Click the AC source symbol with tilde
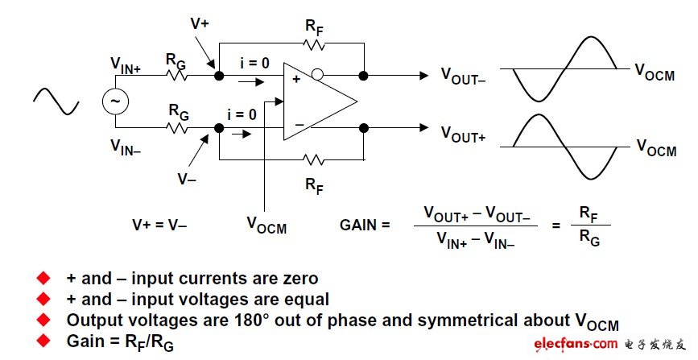pos(114,101)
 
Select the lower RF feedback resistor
pos(315,159)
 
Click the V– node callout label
pos(187,178)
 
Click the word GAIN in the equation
pos(361,226)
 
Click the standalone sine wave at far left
pos(56,101)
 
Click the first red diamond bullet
pos(43,278)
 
